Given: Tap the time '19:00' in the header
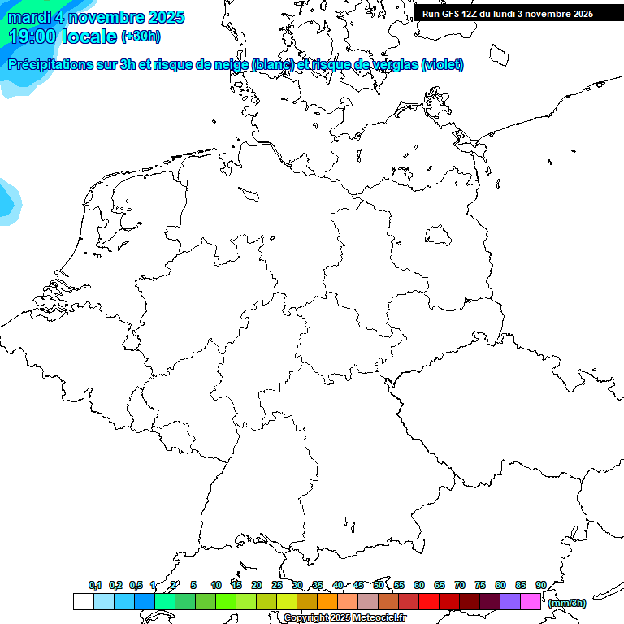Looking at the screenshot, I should pyautogui.click(x=32, y=37).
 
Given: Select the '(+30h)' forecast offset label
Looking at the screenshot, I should pyautogui.click(x=141, y=37).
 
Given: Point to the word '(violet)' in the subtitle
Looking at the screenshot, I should pyautogui.click(x=443, y=65).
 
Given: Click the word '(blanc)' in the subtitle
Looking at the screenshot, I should pyautogui.click(x=272, y=65).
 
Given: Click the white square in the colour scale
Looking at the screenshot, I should pyautogui.click(x=83, y=601).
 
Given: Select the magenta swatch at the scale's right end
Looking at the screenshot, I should pyautogui.click(x=531, y=601).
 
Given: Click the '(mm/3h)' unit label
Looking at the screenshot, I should pyautogui.click(x=567, y=603).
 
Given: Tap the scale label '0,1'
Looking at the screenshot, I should pyautogui.click(x=95, y=585).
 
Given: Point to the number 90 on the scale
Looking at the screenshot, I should pyautogui.click(x=540, y=585).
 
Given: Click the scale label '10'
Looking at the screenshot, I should pyautogui.click(x=216, y=585).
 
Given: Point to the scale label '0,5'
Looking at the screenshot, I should pyautogui.click(x=136, y=585).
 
